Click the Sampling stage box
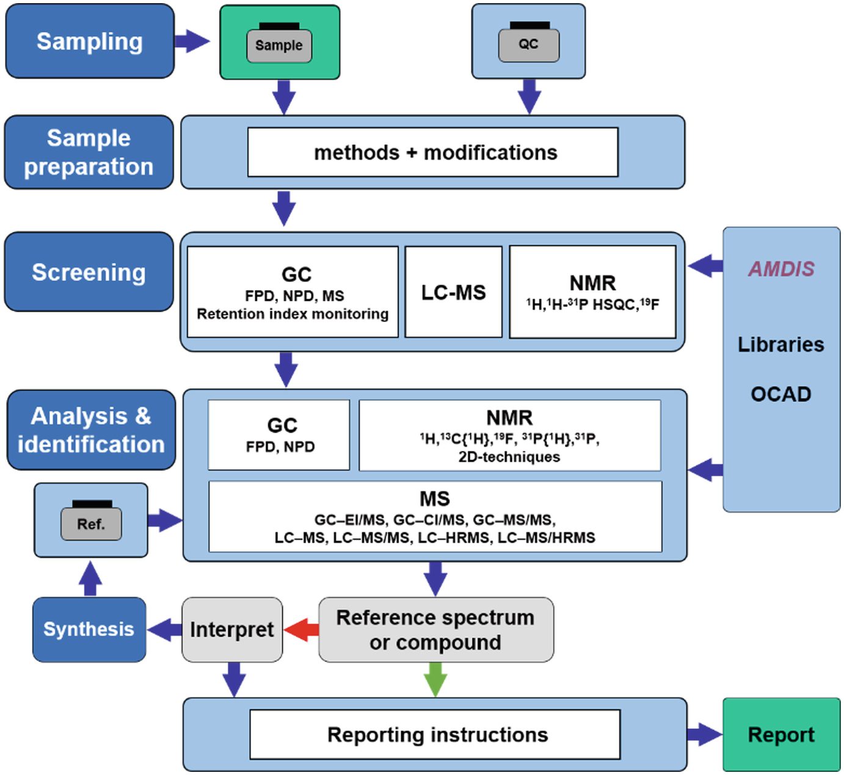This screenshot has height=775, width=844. (x=90, y=41)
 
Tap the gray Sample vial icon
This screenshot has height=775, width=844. (x=279, y=46)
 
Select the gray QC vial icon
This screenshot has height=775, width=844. (x=528, y=45)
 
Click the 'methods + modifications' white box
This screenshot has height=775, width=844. (x=433, y=152)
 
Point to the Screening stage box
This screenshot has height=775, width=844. (x=89, y=272)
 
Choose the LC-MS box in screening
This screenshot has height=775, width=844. (x=453, y=292)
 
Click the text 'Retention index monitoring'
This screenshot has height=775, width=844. (x=293, y=314)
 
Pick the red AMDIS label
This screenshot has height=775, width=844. (x=781, y=269)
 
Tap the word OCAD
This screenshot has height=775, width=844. (x=781, y=394)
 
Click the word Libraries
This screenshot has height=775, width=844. (x=781, y=345)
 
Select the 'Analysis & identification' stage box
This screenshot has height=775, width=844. (x=91, y=430)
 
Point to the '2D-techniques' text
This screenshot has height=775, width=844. (x=509, y=457)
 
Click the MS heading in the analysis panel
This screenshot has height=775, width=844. (x=435, y=499)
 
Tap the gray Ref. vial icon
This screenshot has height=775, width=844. (x=91, y=524)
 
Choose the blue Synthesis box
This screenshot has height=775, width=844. (x=89, y=629)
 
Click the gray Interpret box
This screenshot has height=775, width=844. (x=232, y=629)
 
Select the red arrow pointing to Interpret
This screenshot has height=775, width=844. (x=302, y=629)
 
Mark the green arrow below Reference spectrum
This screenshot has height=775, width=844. (x=435, y=679)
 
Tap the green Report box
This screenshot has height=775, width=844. (x=781, y=735)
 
